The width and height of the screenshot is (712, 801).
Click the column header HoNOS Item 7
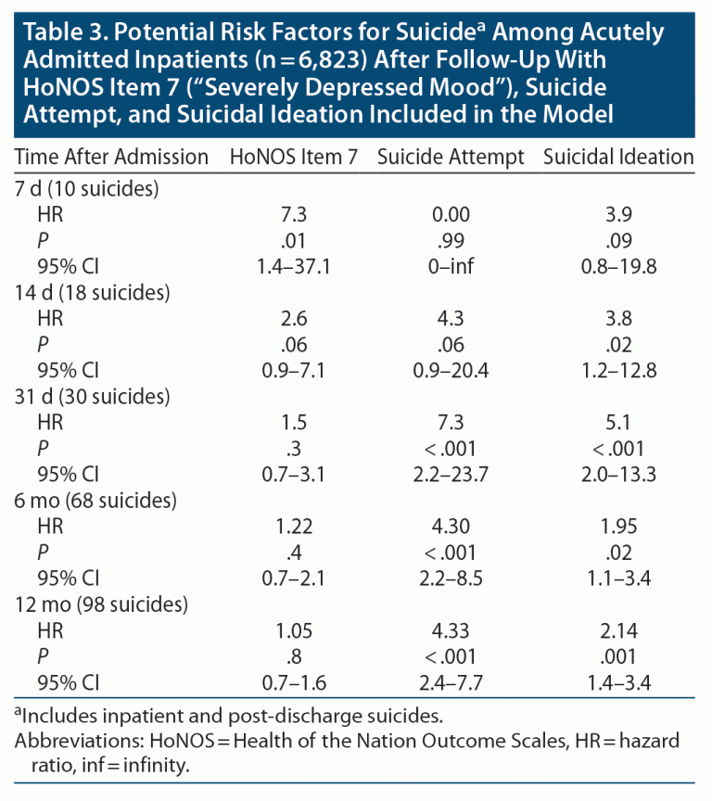(x=294, y=158)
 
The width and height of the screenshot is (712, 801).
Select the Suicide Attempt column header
(x=451, y=158)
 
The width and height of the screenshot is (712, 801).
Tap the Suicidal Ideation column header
(x=618, y=158)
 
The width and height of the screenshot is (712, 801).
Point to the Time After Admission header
(x=112, y=158)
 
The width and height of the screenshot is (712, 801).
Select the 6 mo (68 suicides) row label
(x=96, y=501)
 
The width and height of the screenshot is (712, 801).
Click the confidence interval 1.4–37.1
(x=294, y=268)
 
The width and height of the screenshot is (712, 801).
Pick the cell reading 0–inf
(x=451, y=268)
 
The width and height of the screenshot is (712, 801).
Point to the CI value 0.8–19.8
(x=618, y=268)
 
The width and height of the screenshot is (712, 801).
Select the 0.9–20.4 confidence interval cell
(x=451, y=372)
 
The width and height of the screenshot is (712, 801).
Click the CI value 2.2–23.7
(x=451, y=476)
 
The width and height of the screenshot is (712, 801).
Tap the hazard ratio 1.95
(x=618, y=528)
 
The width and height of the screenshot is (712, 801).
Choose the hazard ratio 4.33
(x=451, y=631)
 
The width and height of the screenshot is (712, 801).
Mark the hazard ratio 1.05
(x=294, y=631)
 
